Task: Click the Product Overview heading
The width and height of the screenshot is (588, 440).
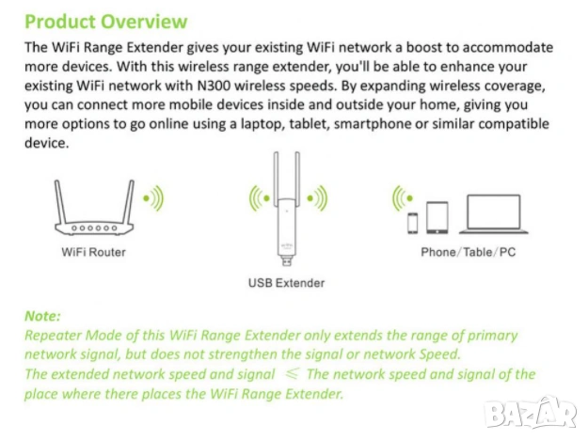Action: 105,21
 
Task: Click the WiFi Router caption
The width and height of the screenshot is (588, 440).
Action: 93,252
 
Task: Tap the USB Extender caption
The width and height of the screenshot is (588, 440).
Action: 286,282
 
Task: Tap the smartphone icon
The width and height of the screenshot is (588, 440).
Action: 411,223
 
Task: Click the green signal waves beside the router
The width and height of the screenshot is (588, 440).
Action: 152,198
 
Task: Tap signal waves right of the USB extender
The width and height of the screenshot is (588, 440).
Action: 317,198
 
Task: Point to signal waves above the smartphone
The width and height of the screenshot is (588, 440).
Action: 404,197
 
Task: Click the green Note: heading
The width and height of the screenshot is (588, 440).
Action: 42,317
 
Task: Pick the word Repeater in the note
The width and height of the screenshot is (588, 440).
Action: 54,335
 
